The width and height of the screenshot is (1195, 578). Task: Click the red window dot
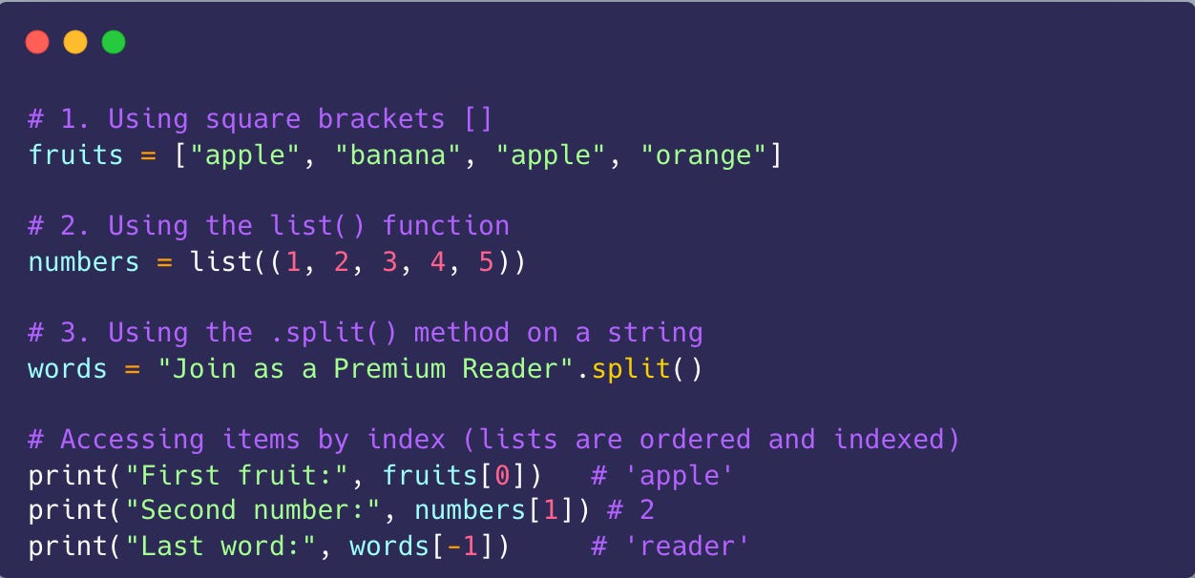37,42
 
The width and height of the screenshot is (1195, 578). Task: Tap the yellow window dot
75,42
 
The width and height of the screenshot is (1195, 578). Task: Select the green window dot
114,42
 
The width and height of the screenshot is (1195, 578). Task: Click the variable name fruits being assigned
76,155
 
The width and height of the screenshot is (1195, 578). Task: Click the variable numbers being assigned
84,261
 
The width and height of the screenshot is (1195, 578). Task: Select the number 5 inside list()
487,261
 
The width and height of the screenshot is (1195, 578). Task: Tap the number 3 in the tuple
389,261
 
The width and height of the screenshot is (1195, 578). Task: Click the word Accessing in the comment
132,439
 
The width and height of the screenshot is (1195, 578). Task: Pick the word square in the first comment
253,119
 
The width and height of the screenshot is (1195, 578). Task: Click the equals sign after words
132,368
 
